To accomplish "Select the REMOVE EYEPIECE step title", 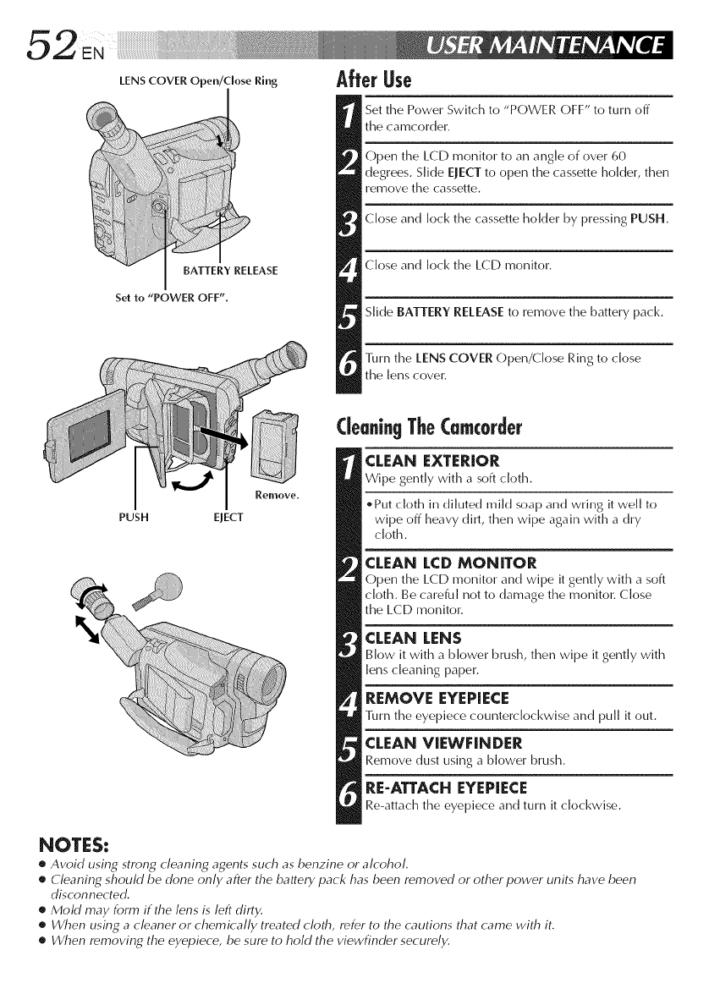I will point(436,698).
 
